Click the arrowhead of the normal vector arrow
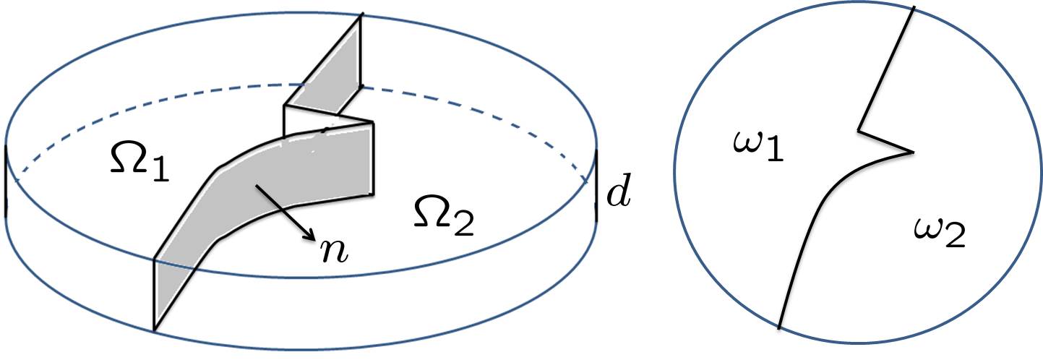click(x=313, y=236)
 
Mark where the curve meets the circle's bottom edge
click(x=779, y=328)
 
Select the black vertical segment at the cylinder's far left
click(x=6, y=180)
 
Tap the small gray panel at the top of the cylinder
click(x=330, y=80)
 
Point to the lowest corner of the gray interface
click(x=154, y=330)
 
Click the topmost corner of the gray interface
click(x=359, y=14)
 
